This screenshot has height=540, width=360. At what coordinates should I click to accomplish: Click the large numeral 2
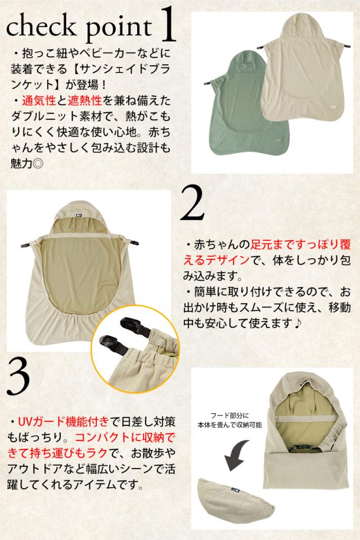click(193, 203)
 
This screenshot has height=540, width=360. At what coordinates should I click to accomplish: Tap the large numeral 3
click(18, 376)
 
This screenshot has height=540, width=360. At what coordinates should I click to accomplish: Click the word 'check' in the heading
click(41, 26)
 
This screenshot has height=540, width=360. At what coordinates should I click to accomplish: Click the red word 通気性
click(39, 101)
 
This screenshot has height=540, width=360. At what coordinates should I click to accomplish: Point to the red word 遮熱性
click(84, 101)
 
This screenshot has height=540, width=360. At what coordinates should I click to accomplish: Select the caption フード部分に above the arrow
click(229, 416)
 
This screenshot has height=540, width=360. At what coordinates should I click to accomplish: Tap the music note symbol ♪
click(298, 323)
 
